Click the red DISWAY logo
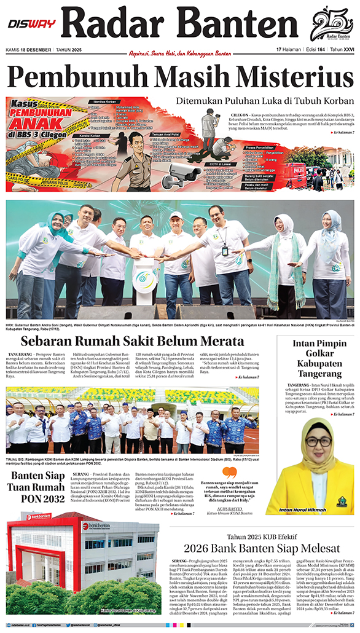coord(31,24)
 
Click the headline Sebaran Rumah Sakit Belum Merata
coord(132,342)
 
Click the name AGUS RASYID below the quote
coord(229,509)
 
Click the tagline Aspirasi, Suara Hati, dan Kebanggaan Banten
coord(179,53)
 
